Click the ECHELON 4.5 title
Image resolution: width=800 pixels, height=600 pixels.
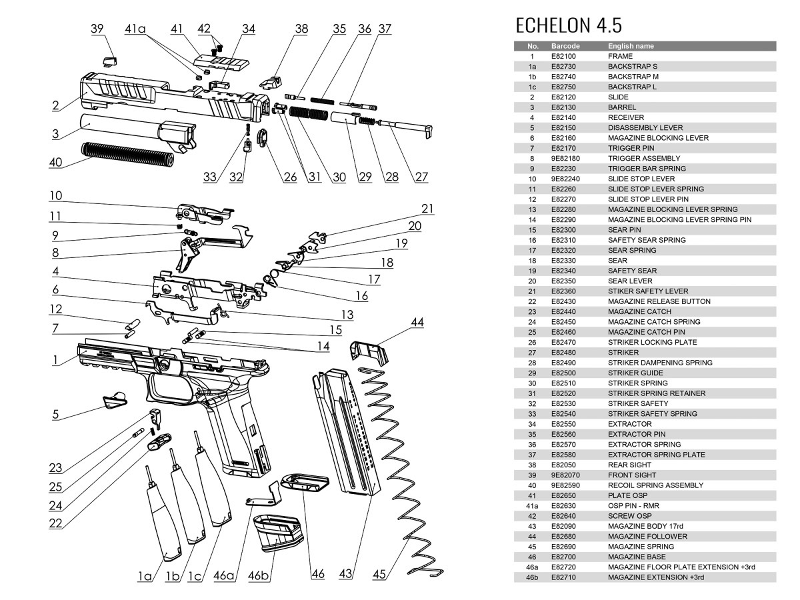[569, 25]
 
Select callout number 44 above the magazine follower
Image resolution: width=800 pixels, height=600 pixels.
[417, 323]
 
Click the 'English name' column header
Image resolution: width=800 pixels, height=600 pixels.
[631, 46]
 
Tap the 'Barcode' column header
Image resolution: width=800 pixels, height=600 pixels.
[565, 46]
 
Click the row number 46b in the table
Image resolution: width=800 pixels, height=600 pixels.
[532, 577]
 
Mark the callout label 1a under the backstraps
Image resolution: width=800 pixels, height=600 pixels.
[145, 575]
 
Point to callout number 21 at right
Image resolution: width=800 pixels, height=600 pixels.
[427, 209]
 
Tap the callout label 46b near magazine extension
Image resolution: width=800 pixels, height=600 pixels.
[259, 575]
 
